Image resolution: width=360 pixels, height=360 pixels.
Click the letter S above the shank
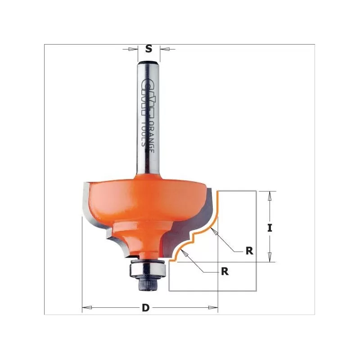tap(148, 49)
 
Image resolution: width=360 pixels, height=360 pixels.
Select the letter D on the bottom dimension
tap(145, 308)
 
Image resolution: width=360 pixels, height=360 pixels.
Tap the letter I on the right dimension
tap(270, 228)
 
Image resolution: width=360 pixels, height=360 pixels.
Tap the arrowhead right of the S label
tap(164, 49)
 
